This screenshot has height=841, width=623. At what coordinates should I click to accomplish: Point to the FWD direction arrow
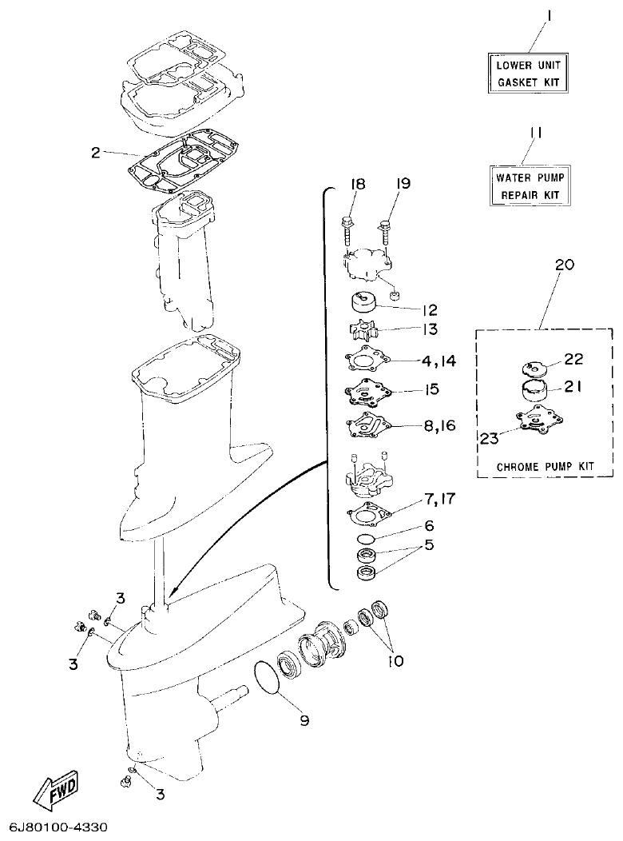(x=54, y=794)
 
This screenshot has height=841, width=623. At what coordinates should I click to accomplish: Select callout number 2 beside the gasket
(x=95, y=151)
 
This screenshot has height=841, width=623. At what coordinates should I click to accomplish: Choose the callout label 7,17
(x=439, y=500)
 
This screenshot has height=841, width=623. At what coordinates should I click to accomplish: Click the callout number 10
(x=395, y=662)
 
